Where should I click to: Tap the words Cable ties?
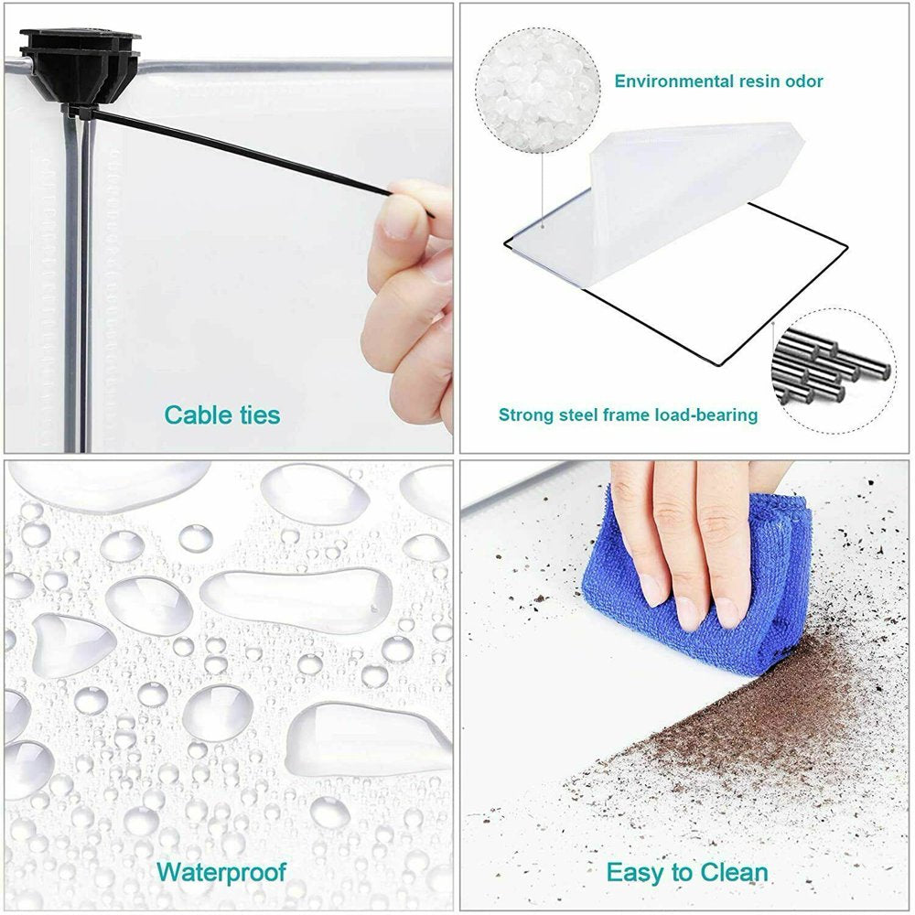[222, 414]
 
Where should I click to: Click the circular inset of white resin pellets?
[537, 91]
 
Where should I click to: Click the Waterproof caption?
[221, 872]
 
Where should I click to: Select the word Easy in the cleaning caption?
[633, 873]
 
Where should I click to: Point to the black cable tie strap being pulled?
[245, 153]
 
